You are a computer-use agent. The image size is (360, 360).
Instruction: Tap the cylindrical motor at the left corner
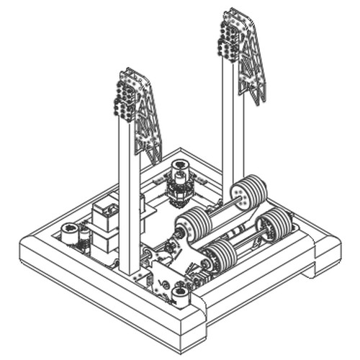70,233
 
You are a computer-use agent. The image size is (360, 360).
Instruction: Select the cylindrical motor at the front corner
180,294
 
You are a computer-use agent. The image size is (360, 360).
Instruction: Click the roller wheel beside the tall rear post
248,192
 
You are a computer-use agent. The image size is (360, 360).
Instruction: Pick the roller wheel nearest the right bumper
274,225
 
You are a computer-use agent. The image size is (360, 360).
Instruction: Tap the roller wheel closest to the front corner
221,256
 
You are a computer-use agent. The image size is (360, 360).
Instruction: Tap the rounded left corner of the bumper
32,248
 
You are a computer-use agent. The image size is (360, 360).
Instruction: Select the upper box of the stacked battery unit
107,213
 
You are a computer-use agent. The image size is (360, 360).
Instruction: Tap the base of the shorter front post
130,266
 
